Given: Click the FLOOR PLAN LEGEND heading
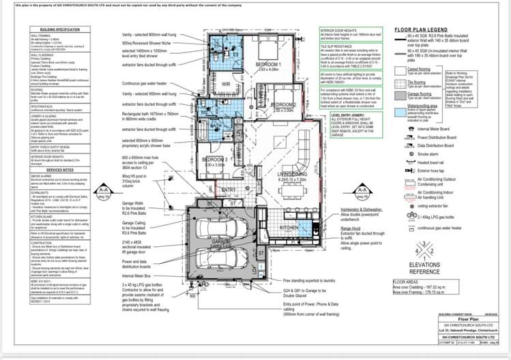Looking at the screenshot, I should (427, 30).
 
